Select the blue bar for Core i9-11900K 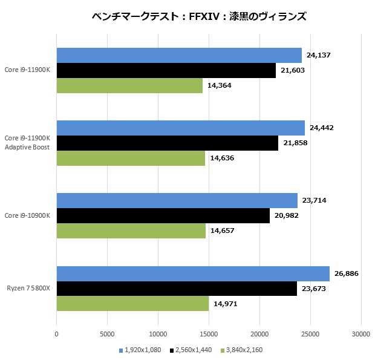[179, 56]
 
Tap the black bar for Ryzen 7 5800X [177, 289]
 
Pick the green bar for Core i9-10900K [131, 231]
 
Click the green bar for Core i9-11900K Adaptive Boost [131, 158]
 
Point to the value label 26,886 [347, 273]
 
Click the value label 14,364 [220, 85]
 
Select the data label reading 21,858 [295, 143]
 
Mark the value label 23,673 [314, 289]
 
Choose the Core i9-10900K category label [27, 215]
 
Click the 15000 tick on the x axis [209, 333]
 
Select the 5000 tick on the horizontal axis [107, 333]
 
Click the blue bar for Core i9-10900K [177, 201]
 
